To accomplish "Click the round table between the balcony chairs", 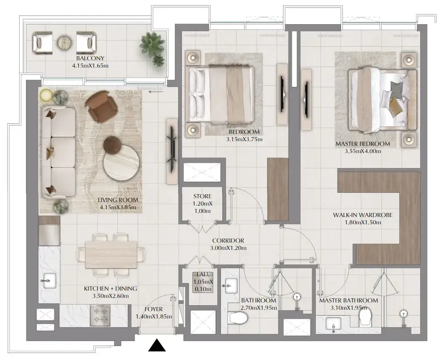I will [x=64, y=42].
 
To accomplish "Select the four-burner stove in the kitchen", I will [x=100, y=315].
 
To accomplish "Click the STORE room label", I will [x=202, y=197].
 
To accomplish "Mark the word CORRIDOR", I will [x=228, y=240].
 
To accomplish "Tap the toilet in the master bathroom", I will [x=366, y=318].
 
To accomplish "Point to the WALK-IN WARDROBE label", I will [x=363, y=215].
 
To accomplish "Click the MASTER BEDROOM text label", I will [x=363, y=144].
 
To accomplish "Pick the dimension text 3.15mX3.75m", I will [x=245, y=139].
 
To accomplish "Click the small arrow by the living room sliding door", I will [x=155, y=91].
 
